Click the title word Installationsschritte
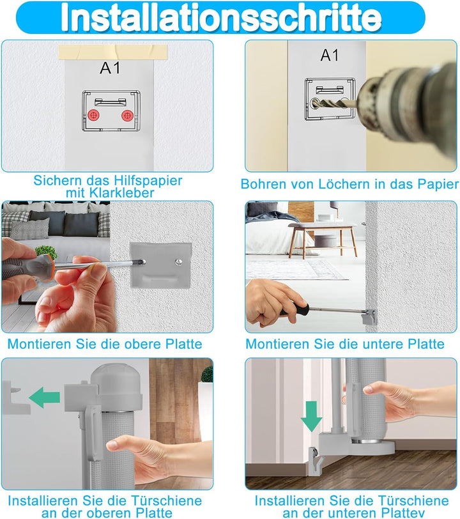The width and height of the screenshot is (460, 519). pos(221,17)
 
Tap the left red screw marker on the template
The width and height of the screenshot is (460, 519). pos(94,116)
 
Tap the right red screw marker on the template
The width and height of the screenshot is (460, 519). pos(127,116)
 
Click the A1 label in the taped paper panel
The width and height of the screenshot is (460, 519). pos(110,68)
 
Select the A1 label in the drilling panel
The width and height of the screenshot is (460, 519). pos(330,55)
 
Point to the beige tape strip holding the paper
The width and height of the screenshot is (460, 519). pos(113,52)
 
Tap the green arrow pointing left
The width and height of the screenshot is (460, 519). pos(45,398)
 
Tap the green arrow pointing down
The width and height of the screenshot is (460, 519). pos(311,416)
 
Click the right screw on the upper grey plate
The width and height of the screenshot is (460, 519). pos(179,262)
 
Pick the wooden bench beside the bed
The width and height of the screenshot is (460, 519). pos(323,239)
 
